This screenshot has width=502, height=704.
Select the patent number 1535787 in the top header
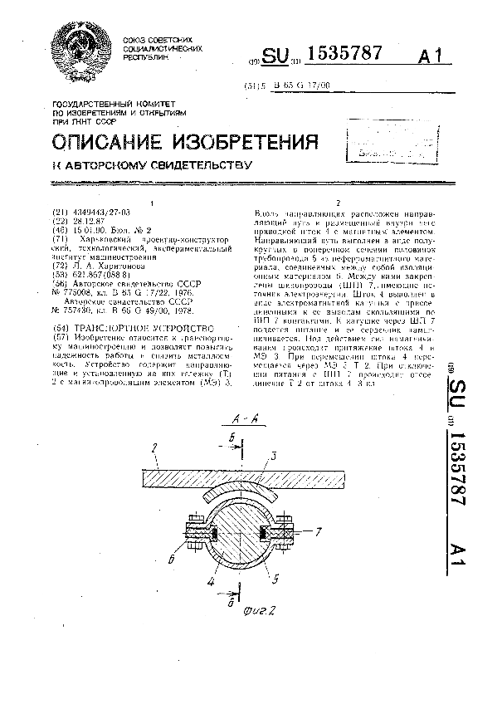pos(345,54)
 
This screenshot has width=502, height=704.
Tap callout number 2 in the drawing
pos(154,448)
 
